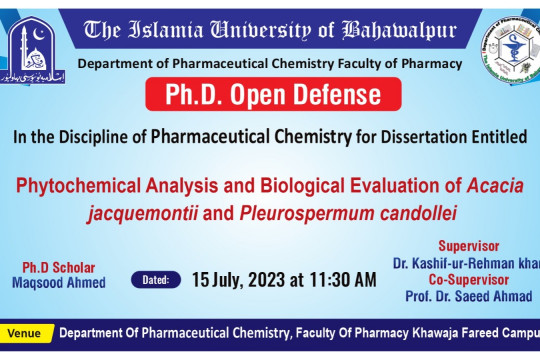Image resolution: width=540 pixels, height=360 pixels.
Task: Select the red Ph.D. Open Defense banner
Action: pos(275,98)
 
